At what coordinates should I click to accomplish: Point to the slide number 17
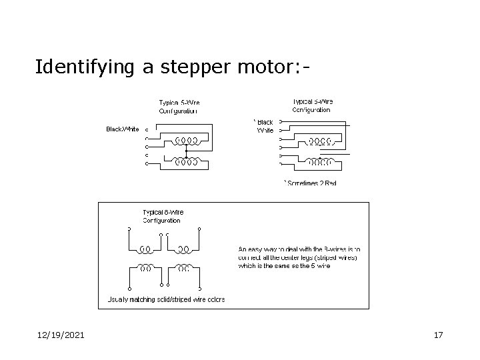click(438, 335)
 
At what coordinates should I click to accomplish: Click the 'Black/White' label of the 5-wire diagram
click(123, 129)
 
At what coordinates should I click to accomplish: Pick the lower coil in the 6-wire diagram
click(320, 161)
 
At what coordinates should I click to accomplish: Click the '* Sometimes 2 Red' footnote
click(311, 183)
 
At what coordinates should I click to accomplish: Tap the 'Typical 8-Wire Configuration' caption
click(161, 216)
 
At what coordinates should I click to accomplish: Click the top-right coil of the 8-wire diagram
click(184, 250)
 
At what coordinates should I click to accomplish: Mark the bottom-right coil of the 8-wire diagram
click(184, 268)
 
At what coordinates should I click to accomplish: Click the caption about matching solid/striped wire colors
click(167, 299)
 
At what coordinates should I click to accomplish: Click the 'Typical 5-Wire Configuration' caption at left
click(179, 107)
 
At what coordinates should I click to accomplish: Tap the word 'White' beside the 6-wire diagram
click(265, 131)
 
